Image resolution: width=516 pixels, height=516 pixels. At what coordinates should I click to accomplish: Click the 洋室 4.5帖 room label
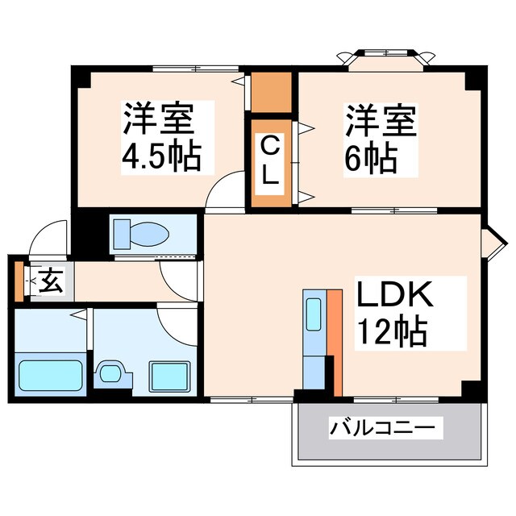160,136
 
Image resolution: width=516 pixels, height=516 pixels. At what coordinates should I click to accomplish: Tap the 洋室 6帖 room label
381,136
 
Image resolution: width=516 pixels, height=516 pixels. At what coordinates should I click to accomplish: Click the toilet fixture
140,233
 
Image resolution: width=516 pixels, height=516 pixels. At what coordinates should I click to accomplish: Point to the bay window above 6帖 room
383,59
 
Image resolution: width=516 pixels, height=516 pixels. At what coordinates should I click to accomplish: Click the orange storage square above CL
271,93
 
